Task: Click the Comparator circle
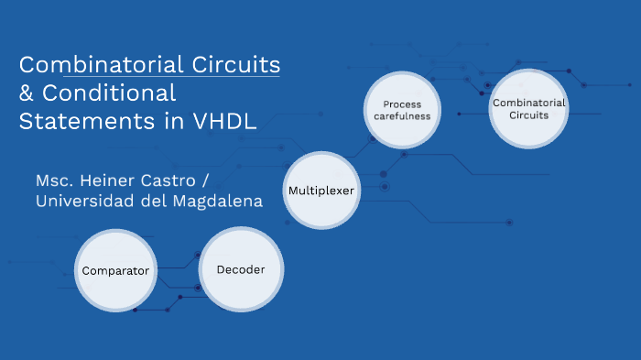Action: [x=115, y=270]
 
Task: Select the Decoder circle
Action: [x=241, y=269]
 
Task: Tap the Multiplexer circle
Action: [x=321, y=191]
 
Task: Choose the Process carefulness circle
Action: [x=402, y=111]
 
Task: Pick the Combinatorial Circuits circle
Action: [x=527, y=109]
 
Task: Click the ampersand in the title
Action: [x=26, y=93]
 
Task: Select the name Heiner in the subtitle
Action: [x=114, y=178]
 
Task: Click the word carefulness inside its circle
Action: [x=402, y=117]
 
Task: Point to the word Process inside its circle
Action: [x=402, y=104]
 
